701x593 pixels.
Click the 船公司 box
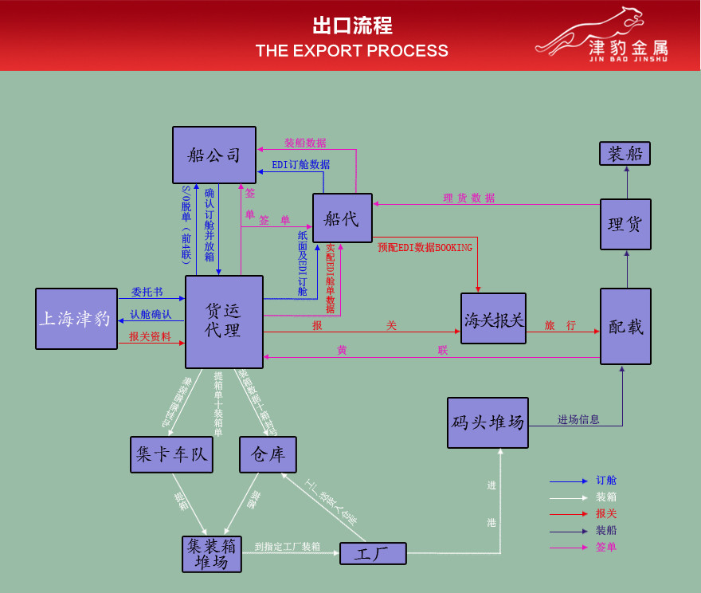click(x=214, y=155)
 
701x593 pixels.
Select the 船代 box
click(x=342, y=218)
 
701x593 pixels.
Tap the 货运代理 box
click(x=224, y=321)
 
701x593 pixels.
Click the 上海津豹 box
click(x=76, y=319)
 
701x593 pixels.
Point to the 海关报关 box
click(x=493, y=319)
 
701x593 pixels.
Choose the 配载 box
click(x=625, y=326)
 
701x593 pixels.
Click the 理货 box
click(x=625, y=224)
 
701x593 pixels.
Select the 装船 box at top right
click(x=625, y=153)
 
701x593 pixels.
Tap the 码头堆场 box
click(x=488, y=422)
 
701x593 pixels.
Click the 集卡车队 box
click(x=171, y=454)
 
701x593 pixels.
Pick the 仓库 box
click(x=268, y=454)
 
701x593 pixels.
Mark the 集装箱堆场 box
click(x=212, y=554)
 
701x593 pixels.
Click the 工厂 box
click(x=373, y=553)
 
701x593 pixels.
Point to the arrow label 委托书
click(x=147, y=293)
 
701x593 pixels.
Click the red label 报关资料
click(x=150, y=336)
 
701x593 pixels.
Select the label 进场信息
click(x=578, y=419)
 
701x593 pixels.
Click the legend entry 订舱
click(x=605, y=481)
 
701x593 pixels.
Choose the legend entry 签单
click(x=605, y=547)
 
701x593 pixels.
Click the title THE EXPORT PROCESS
click(x=351, y=51)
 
